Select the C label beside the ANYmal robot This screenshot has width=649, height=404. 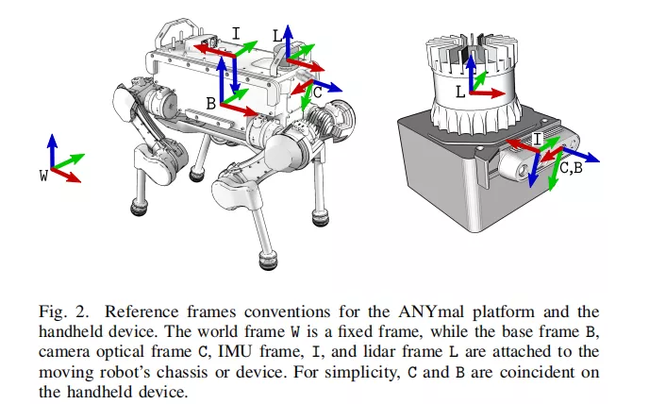(x=318, y=93)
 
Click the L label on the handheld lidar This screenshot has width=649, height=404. (x=459, y=93)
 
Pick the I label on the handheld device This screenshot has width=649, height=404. (x=538, y=139)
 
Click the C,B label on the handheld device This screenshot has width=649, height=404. (x=571, y=169)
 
